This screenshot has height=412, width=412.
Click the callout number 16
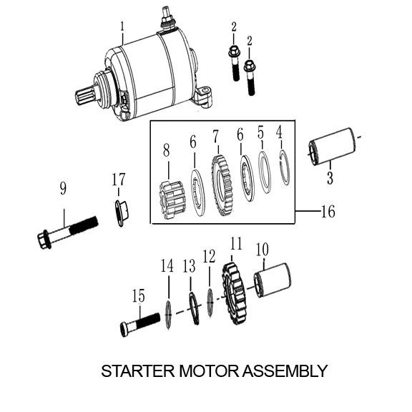click(328, 212)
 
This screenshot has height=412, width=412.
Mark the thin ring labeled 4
click(284, 168)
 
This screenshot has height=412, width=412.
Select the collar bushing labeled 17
click(120, 212)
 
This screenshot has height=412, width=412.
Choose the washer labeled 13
click(194, 308)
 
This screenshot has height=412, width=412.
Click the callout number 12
click(209, 256)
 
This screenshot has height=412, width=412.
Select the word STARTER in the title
click(132, 371)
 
